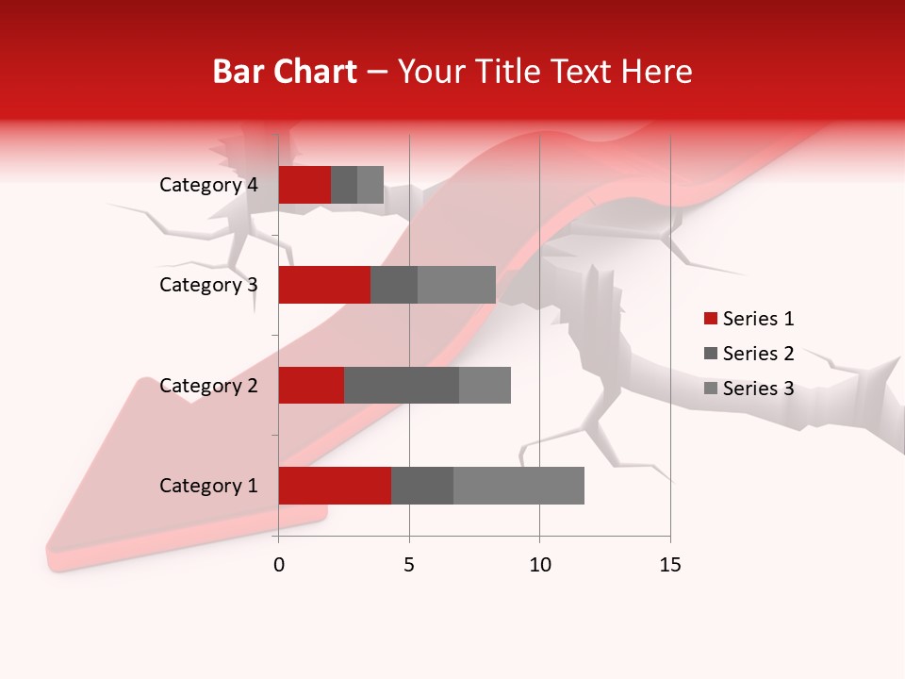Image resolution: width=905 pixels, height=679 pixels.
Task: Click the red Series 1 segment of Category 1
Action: (x=335, y=486)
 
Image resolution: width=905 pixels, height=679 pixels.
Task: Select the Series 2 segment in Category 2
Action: (x=402, y=385)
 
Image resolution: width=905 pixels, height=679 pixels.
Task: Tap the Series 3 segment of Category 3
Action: (x=456, y=285)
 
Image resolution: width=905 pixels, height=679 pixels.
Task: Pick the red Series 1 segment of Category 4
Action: (x=304, y=185)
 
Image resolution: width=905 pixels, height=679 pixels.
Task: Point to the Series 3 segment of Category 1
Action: (x=518, y=486)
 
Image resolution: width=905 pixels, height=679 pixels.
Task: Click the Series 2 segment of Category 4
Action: (x=344, y=185)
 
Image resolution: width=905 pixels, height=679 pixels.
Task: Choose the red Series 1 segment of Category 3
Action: (x=324, y=285)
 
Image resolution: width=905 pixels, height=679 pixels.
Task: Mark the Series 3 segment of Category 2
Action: (x=485, y=385)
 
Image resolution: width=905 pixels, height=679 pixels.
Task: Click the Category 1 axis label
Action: (x=208, y=486)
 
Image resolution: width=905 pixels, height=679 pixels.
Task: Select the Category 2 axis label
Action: (x=208, y=385)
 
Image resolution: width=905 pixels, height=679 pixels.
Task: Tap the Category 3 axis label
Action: (x=208, y=285)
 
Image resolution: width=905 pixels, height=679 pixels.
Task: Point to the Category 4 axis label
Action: (x=208, y=185)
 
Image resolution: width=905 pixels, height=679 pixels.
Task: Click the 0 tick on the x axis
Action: (x=279, y=565)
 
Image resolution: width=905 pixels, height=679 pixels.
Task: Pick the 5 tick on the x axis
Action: (x=409, y=565)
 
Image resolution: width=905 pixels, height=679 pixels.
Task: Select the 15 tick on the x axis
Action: (x=670, y=565)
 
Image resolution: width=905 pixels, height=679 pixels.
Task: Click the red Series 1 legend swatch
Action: (x=710, y=319)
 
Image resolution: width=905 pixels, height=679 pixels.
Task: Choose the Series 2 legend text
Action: (x=758, y=354)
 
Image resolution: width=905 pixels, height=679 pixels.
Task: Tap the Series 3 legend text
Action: (x=758, y=389)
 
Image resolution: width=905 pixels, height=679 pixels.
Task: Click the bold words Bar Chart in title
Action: (x=285, y=72)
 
